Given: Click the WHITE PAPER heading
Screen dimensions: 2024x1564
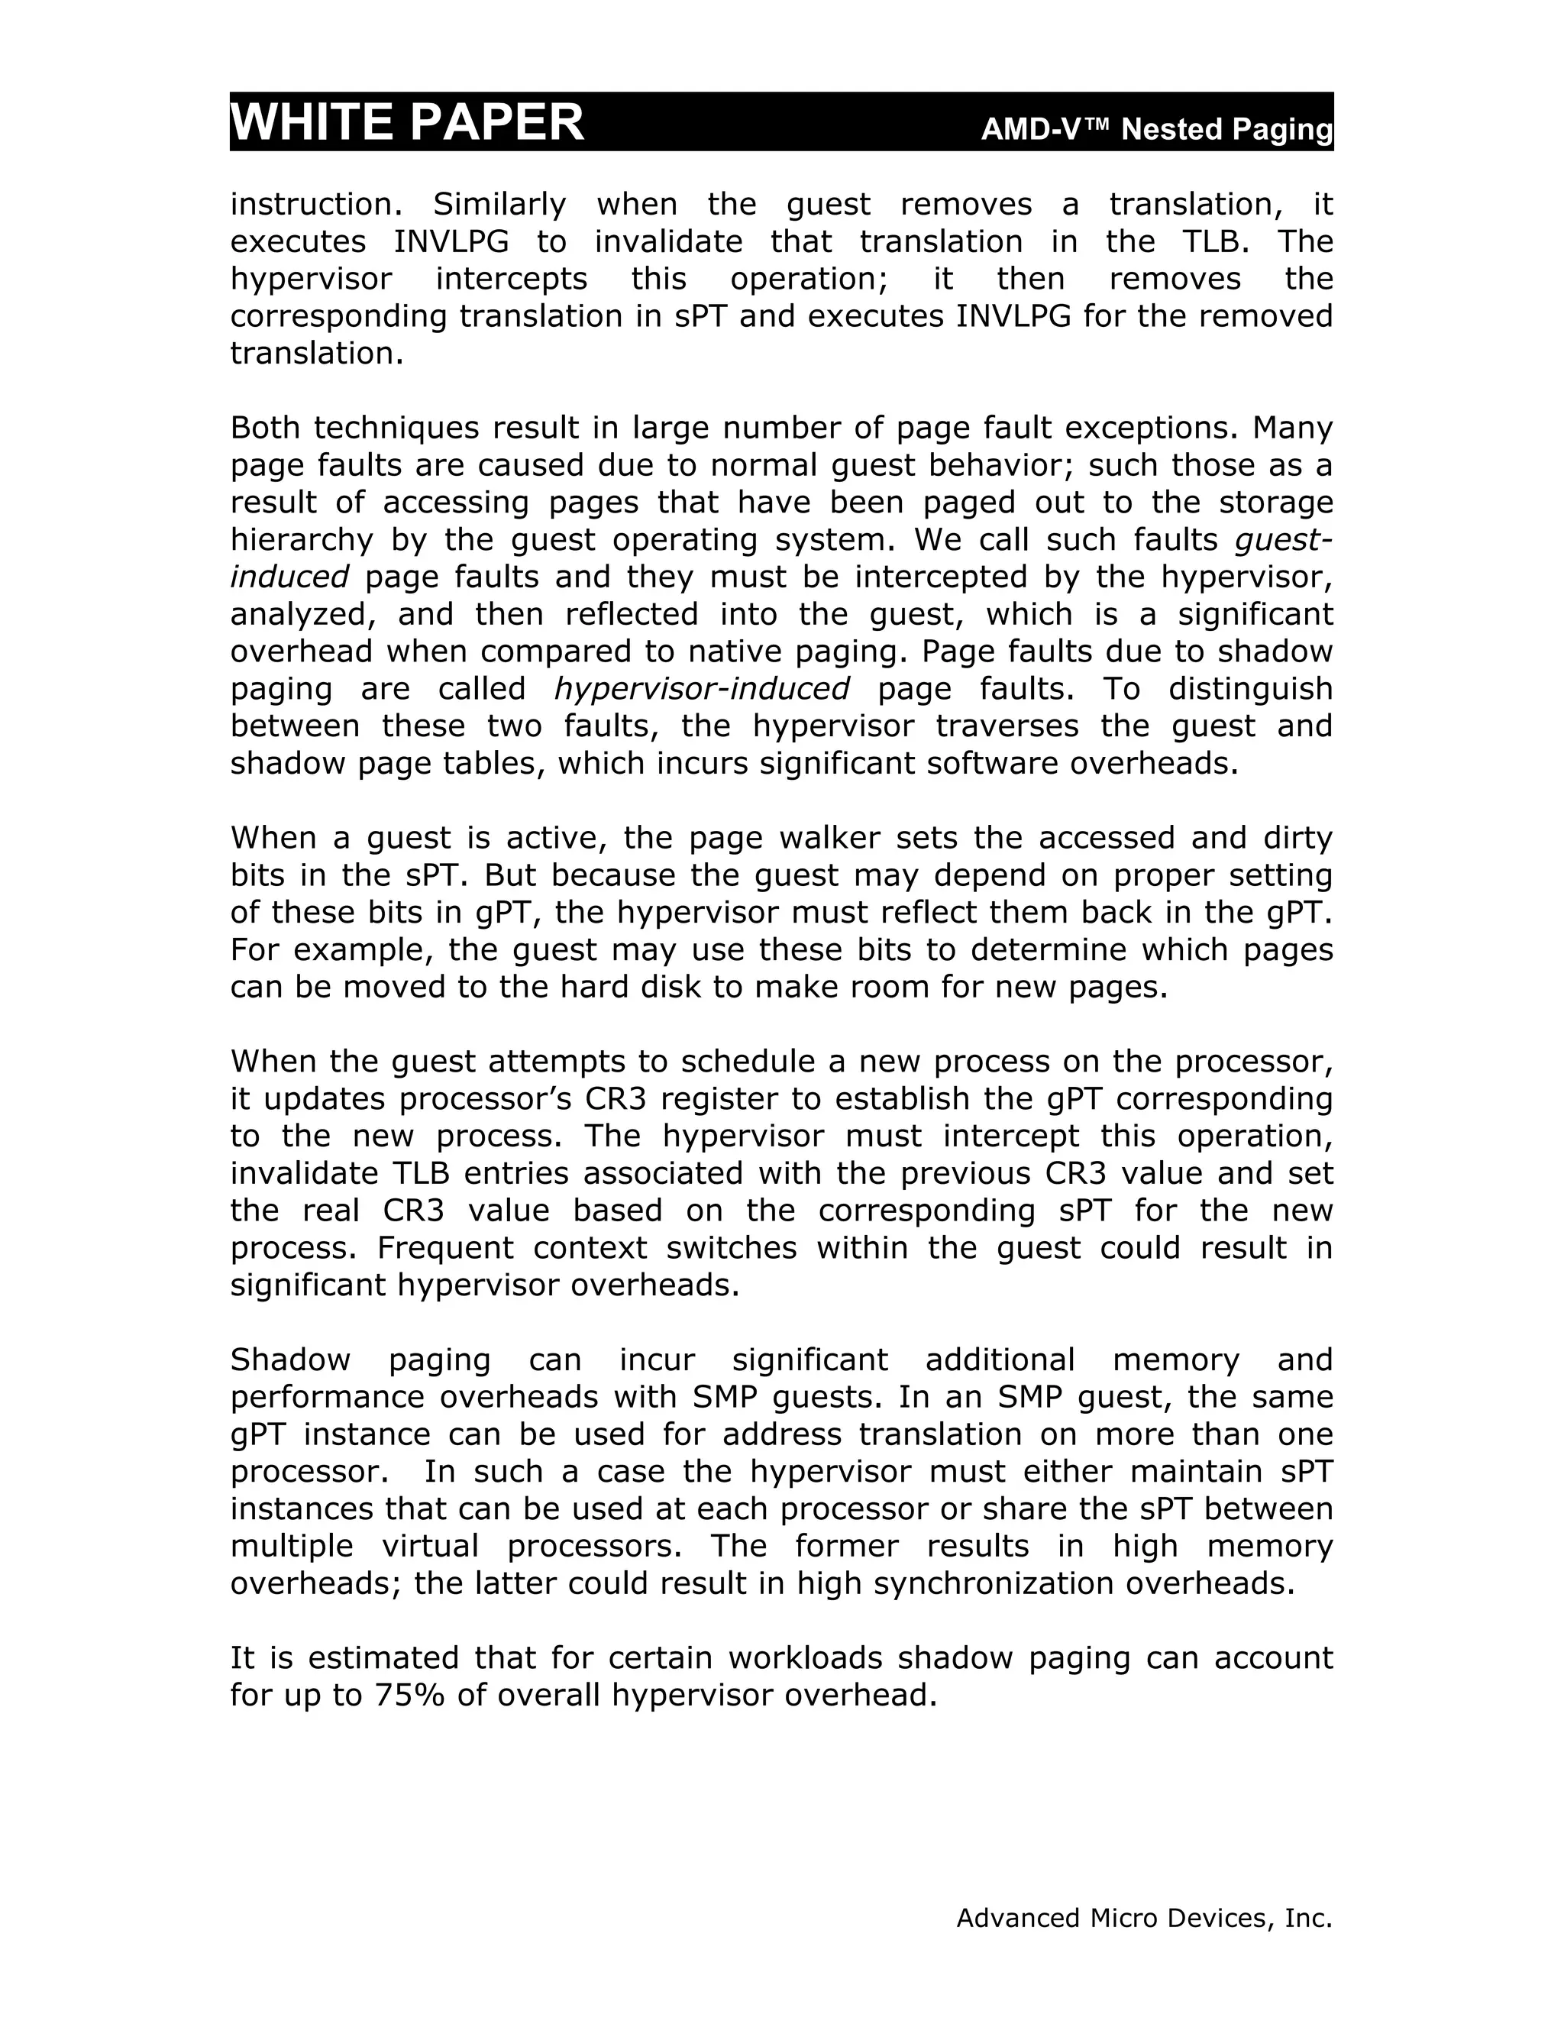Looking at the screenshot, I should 407,122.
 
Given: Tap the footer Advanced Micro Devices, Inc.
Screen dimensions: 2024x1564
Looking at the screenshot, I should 1143,1917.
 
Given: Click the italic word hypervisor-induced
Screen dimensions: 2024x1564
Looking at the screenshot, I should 701,689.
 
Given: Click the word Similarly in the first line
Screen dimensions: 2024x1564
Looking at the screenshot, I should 499,204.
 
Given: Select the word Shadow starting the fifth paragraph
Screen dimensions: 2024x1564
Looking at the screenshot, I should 290,1360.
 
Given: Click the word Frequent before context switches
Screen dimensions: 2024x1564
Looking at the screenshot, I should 444,1247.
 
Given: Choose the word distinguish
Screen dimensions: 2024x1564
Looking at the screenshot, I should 1250,689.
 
